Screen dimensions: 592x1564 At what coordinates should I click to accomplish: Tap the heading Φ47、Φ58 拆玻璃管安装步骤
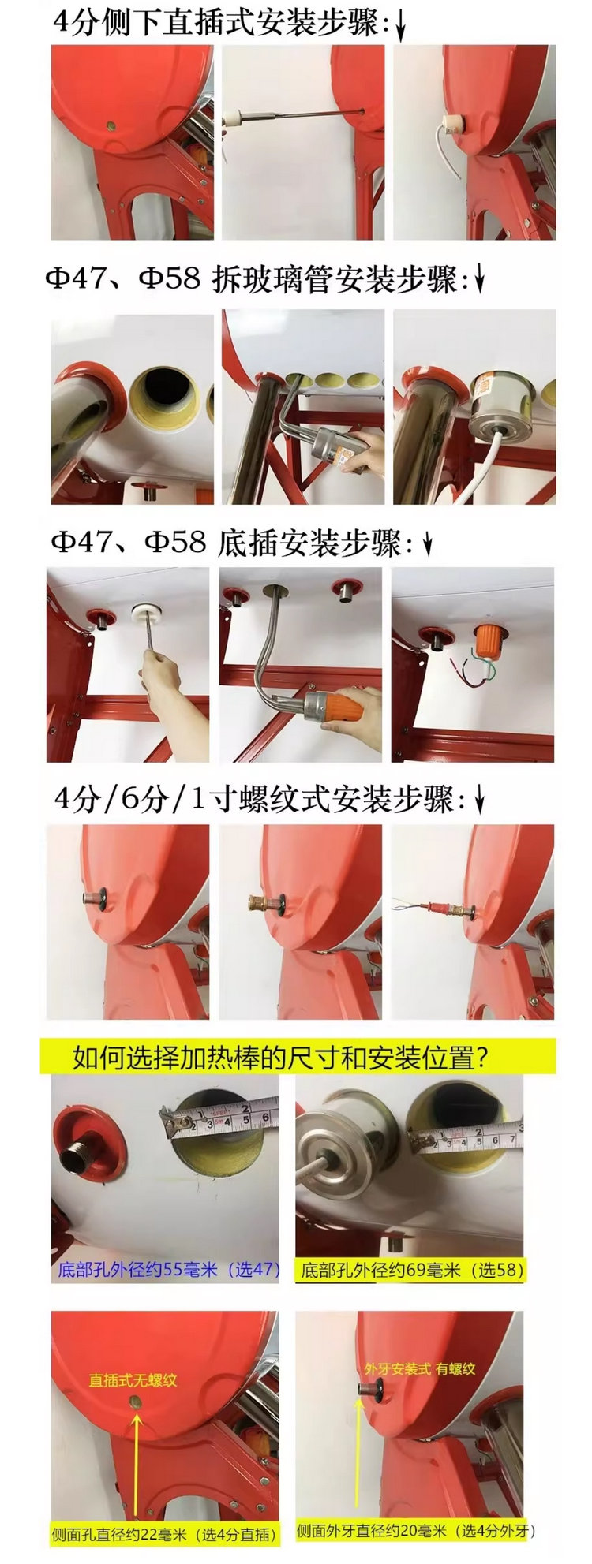coord(251,279)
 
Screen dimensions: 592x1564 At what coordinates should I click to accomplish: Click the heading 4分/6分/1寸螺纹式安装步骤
coord(254,801)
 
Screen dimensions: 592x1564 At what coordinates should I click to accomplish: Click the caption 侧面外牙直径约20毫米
coord(376,1531)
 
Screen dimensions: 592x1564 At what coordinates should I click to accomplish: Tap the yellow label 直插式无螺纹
coord(133,1380)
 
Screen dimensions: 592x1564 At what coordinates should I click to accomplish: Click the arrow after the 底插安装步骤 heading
coord(427,545)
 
